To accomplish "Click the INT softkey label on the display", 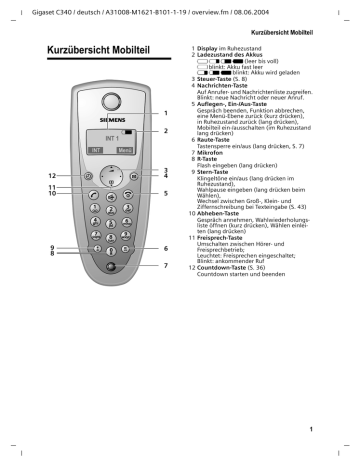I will (96, 151).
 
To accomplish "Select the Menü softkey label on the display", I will (124, 151).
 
